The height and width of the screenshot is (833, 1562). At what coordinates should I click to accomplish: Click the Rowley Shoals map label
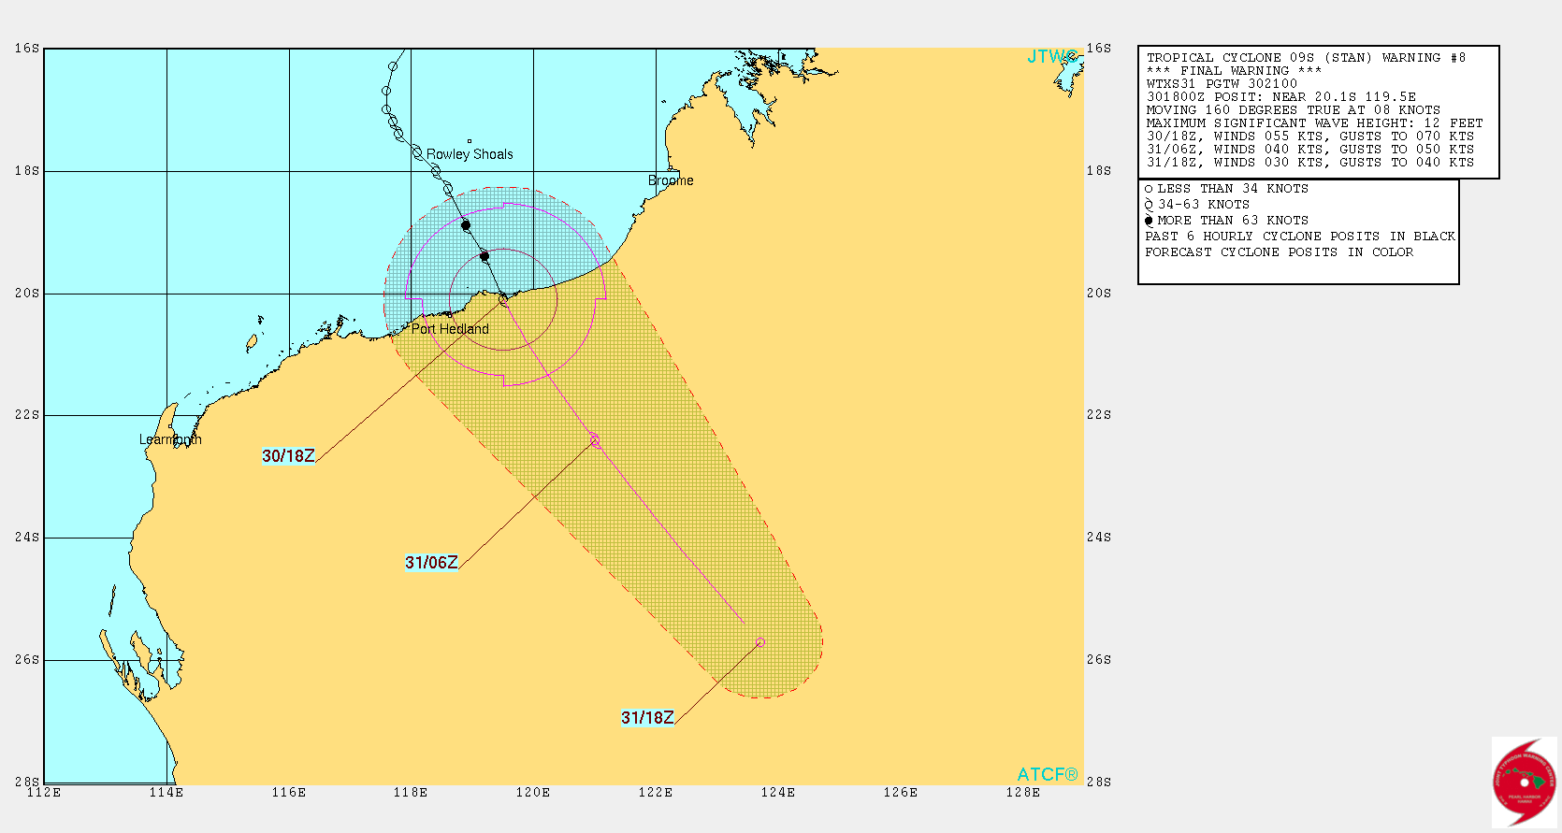coord(470,154)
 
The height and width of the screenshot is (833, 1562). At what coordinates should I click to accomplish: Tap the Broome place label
coord(671,180)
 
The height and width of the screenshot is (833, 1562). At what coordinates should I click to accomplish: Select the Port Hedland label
coord(450,329)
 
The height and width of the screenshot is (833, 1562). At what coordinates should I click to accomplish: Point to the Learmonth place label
coord(170,439)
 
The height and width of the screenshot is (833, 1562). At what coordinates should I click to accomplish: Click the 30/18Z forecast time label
coord(288,456)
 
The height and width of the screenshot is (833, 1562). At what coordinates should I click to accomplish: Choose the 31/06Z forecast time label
coord(431,563)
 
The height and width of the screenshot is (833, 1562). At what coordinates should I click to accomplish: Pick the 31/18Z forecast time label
coord(647,718)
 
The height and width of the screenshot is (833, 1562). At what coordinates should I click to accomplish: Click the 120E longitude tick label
coord(533,793)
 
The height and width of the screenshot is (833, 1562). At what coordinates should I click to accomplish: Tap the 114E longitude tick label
coord(166,793)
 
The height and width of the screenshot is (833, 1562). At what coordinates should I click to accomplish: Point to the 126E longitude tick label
coord(900,793)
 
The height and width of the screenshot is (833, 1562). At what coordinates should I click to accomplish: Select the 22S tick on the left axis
coord(27,415)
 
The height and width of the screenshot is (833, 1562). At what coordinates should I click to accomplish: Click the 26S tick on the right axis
coord(1099,660)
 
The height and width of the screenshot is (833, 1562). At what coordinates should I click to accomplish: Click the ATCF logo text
coord(1047,775)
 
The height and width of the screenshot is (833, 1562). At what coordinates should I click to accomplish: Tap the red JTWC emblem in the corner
coord(1524,782)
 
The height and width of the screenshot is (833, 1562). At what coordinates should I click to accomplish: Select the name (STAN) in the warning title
coord(1348,58)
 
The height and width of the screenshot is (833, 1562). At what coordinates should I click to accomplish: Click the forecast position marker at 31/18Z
coord(760,642)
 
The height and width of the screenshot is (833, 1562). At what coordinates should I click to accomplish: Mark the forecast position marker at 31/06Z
coord(595,440)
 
